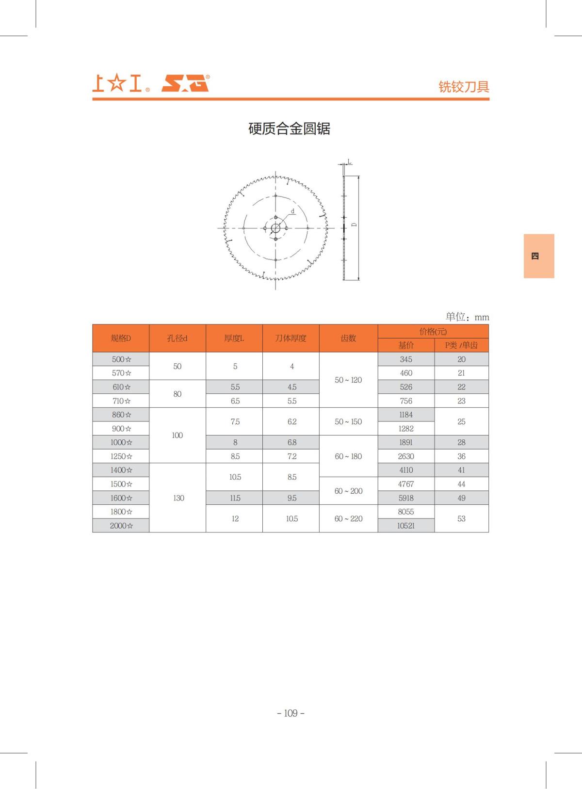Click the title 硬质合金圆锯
click(x=289, y=129)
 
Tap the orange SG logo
click(x=185, y=83)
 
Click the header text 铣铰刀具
click(x=464, y=86)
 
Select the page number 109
click(x=291, y=713)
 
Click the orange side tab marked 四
click(x=538, y=256)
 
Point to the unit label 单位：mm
click(x=467, y=317)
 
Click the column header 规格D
click(x=121, y=338)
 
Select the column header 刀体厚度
click(x=291, y=338)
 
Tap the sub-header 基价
click(x=406, y=345)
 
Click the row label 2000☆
click(x=121, y=526)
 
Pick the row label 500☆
click(x=121, y=359)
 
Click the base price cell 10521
click(x=406, y=526)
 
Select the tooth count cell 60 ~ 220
click(x=348, y=519)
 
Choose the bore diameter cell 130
click(x=178, y=498)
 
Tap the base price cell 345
click(x=406, y=359)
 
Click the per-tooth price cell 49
click(x=461, y=498)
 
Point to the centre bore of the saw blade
click(x=275, y=228)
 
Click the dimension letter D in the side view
click(x=354, y=225)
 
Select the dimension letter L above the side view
click(x=349, y=161)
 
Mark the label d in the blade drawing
click(x=293, y=211)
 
